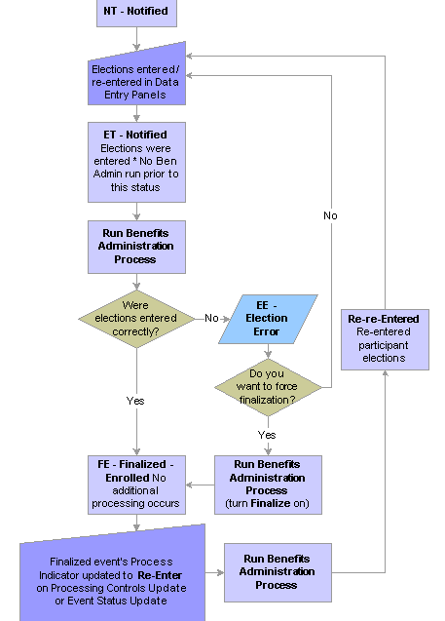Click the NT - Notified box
click(x=136, y=13)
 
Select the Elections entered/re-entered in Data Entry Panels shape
click(x=136, y=77)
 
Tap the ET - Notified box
click(x=136, y=163)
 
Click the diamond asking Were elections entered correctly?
click(x=136, y=319)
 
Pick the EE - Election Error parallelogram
click(x=268, y=319)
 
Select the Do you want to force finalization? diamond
click(x=268, y=387)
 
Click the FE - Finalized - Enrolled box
click(x=136, y=485)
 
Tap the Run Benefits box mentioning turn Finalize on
click(x=268, y=485)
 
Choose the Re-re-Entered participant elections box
click(x=385, y=340)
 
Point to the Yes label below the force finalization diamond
click(x=267, y=435)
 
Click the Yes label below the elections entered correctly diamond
click(x=135, y=401)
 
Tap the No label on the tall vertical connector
click(x=330, y=215)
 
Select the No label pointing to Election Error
click(x=211, y=318)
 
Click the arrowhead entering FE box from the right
click(x=189, y=485)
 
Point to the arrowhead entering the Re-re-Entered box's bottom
click(x=385, y=373)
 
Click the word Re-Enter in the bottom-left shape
click(x=160, y=575)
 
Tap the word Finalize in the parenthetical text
click(x=271, y=503)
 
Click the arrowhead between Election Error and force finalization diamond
click(x=268, y=356)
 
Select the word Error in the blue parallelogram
click(x=266, y=331)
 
